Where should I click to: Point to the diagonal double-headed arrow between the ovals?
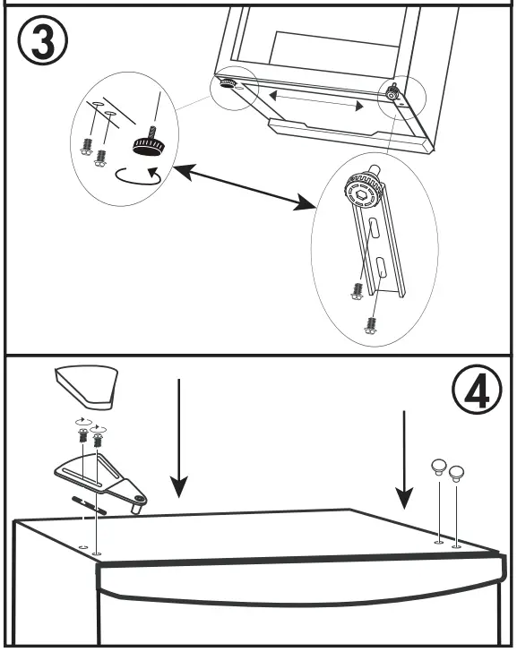[241, 189]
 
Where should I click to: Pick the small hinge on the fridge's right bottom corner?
[392, 91]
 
